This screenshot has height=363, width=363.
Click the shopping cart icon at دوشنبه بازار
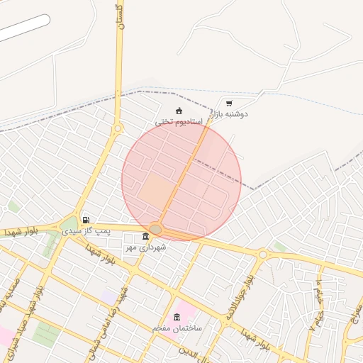228,103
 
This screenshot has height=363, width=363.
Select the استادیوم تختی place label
180,121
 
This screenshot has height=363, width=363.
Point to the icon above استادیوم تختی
179,110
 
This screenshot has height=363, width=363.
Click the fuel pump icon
86,220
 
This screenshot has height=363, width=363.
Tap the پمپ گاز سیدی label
86,231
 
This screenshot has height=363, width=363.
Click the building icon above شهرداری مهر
146,236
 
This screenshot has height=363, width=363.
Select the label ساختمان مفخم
177,329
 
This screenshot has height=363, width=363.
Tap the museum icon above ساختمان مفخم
177,317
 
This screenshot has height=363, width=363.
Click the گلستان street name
119,16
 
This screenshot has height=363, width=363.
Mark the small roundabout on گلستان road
118,128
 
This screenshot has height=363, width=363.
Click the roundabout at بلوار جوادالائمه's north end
262,253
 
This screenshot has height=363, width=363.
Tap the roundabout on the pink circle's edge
156,229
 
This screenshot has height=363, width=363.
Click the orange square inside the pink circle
157,190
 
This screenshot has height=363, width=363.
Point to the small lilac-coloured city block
109,294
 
